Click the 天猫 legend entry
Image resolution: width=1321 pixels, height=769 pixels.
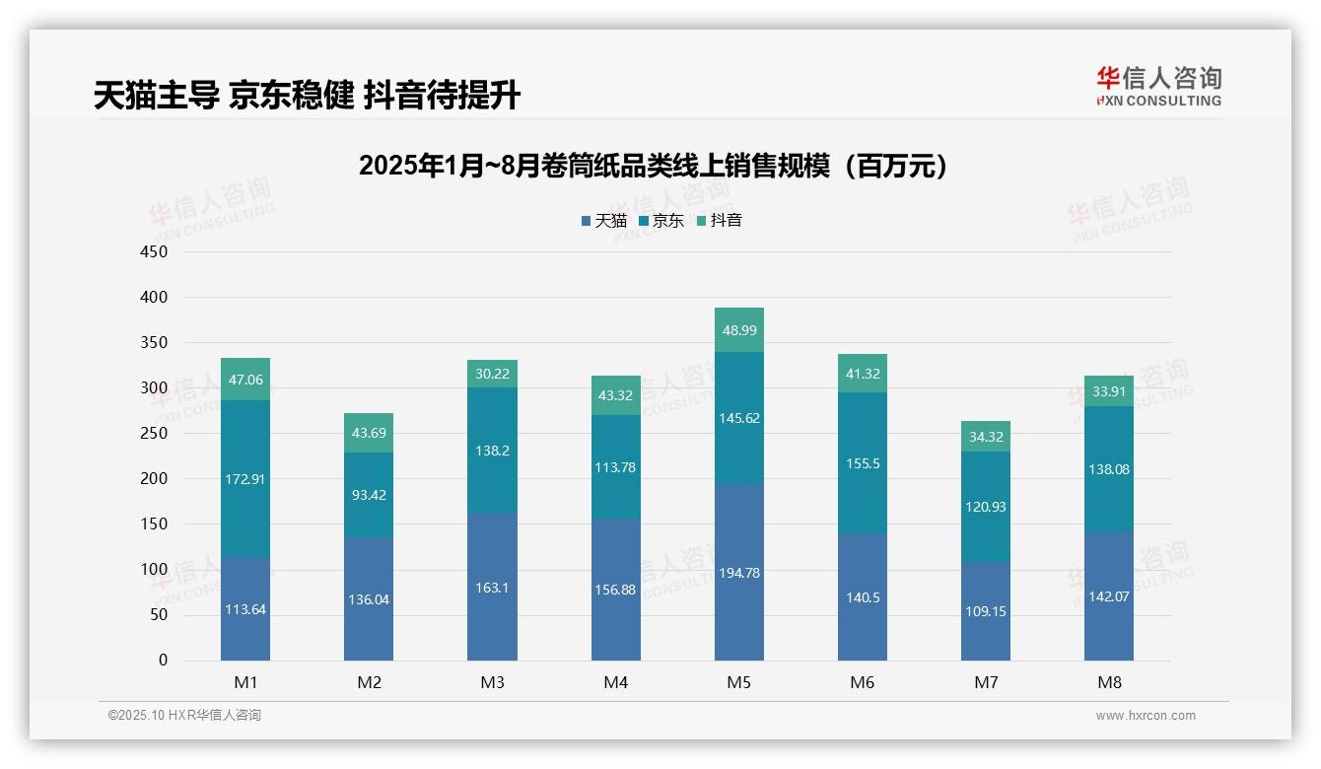tap(604, 221)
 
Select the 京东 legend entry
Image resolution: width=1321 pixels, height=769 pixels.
tap(661, 221)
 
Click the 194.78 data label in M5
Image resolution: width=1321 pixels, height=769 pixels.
tap(738, 573)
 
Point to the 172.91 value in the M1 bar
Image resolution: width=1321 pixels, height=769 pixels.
tap(245, 479)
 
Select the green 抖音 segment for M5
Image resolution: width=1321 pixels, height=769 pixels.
tap(738, 330)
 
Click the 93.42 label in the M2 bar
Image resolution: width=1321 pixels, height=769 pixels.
tap(369, 495)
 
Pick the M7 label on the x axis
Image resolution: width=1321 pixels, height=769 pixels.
tap(986, 682)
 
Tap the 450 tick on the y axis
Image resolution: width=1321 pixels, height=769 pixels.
tap(155, 251)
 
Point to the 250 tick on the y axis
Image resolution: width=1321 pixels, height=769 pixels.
tap(155, 433)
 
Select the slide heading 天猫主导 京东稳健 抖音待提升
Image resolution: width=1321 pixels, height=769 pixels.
tap(307, 95)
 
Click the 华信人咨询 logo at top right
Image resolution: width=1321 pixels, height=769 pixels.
tap(1158, 86)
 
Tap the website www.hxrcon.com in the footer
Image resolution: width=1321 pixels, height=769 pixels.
tap(1146, 716)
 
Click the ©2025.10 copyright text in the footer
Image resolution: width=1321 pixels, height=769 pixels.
tap(184, 716)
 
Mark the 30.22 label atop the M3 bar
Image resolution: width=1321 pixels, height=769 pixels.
tap(492, 374)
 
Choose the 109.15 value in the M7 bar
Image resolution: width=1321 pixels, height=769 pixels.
tap(986, 611)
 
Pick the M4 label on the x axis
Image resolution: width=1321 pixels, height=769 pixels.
tap(615, 682)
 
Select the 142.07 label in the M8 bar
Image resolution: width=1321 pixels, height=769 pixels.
tap(1109, 595)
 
